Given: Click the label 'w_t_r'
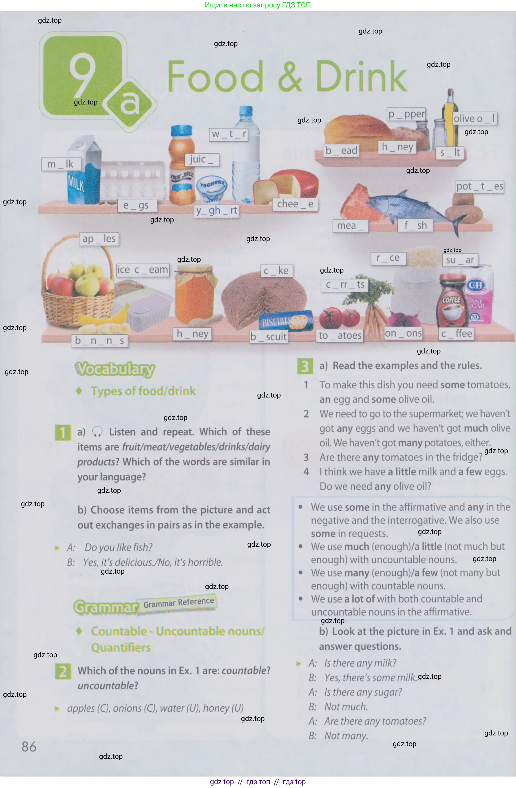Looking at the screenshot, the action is [229, 134].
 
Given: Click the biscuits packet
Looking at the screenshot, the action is [286, 321].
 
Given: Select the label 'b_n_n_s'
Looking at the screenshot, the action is [99, 340].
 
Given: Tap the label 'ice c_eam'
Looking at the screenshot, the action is [143, 270].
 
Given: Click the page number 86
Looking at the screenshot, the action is [29, 747].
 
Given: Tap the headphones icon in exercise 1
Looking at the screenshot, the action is [97, 431].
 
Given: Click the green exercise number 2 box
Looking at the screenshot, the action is [63, 671].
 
